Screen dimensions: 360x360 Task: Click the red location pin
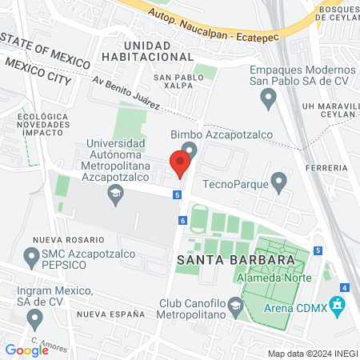coord(180,164)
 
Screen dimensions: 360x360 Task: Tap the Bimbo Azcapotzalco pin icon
coord(190,150)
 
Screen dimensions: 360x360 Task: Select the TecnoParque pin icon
coord(278,182)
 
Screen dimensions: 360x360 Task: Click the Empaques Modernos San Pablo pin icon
coord(269,98)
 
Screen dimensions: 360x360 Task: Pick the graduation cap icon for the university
coord(116,193)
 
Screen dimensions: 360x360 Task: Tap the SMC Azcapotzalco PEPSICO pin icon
coord(32,257)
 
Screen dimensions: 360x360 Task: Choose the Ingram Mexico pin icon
coord(34,318)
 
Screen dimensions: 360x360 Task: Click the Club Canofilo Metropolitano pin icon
coord(235,305)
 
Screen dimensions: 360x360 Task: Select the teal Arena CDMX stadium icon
coord(338,305)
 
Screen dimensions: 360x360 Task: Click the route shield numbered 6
coord(183,220)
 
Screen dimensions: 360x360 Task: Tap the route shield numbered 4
coord(344,287)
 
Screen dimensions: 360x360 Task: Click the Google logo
coord(26,350)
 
